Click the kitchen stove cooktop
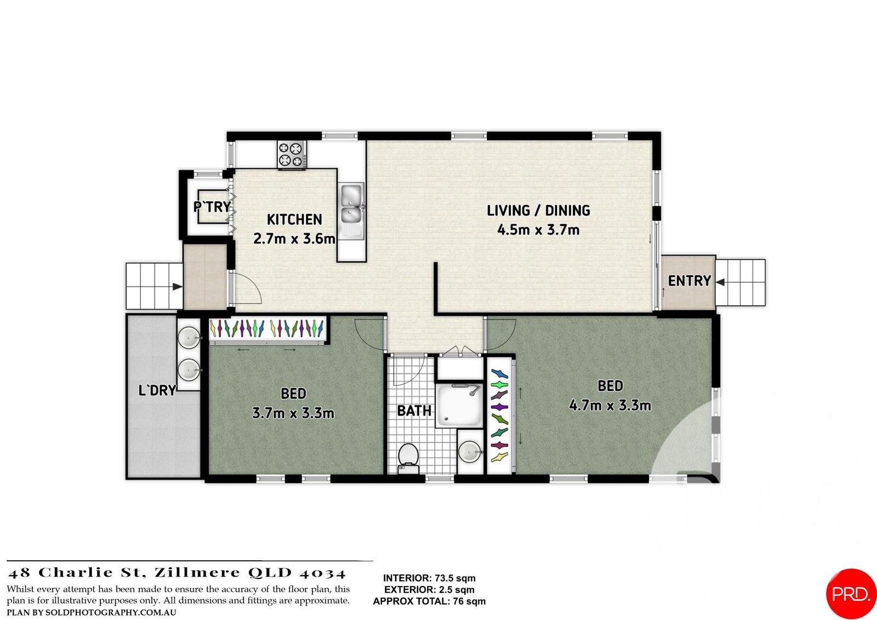point(292,154)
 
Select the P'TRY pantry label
point(212,207)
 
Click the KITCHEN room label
point(294,219)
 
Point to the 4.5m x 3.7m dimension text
point(538,230)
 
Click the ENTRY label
point(689,281)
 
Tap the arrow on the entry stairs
point(721,282)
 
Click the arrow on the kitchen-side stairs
point(176,286)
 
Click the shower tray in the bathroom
point(459,406)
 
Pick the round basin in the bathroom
point(470,452)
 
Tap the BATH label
point(414,410)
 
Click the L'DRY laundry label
point(157,390)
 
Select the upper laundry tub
point(190,338)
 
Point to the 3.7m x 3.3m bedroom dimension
point(293,413)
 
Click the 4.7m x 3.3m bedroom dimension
point(610,406)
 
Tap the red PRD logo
point(851,594)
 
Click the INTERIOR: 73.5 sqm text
point(429,578)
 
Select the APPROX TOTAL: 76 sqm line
point(429,601)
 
